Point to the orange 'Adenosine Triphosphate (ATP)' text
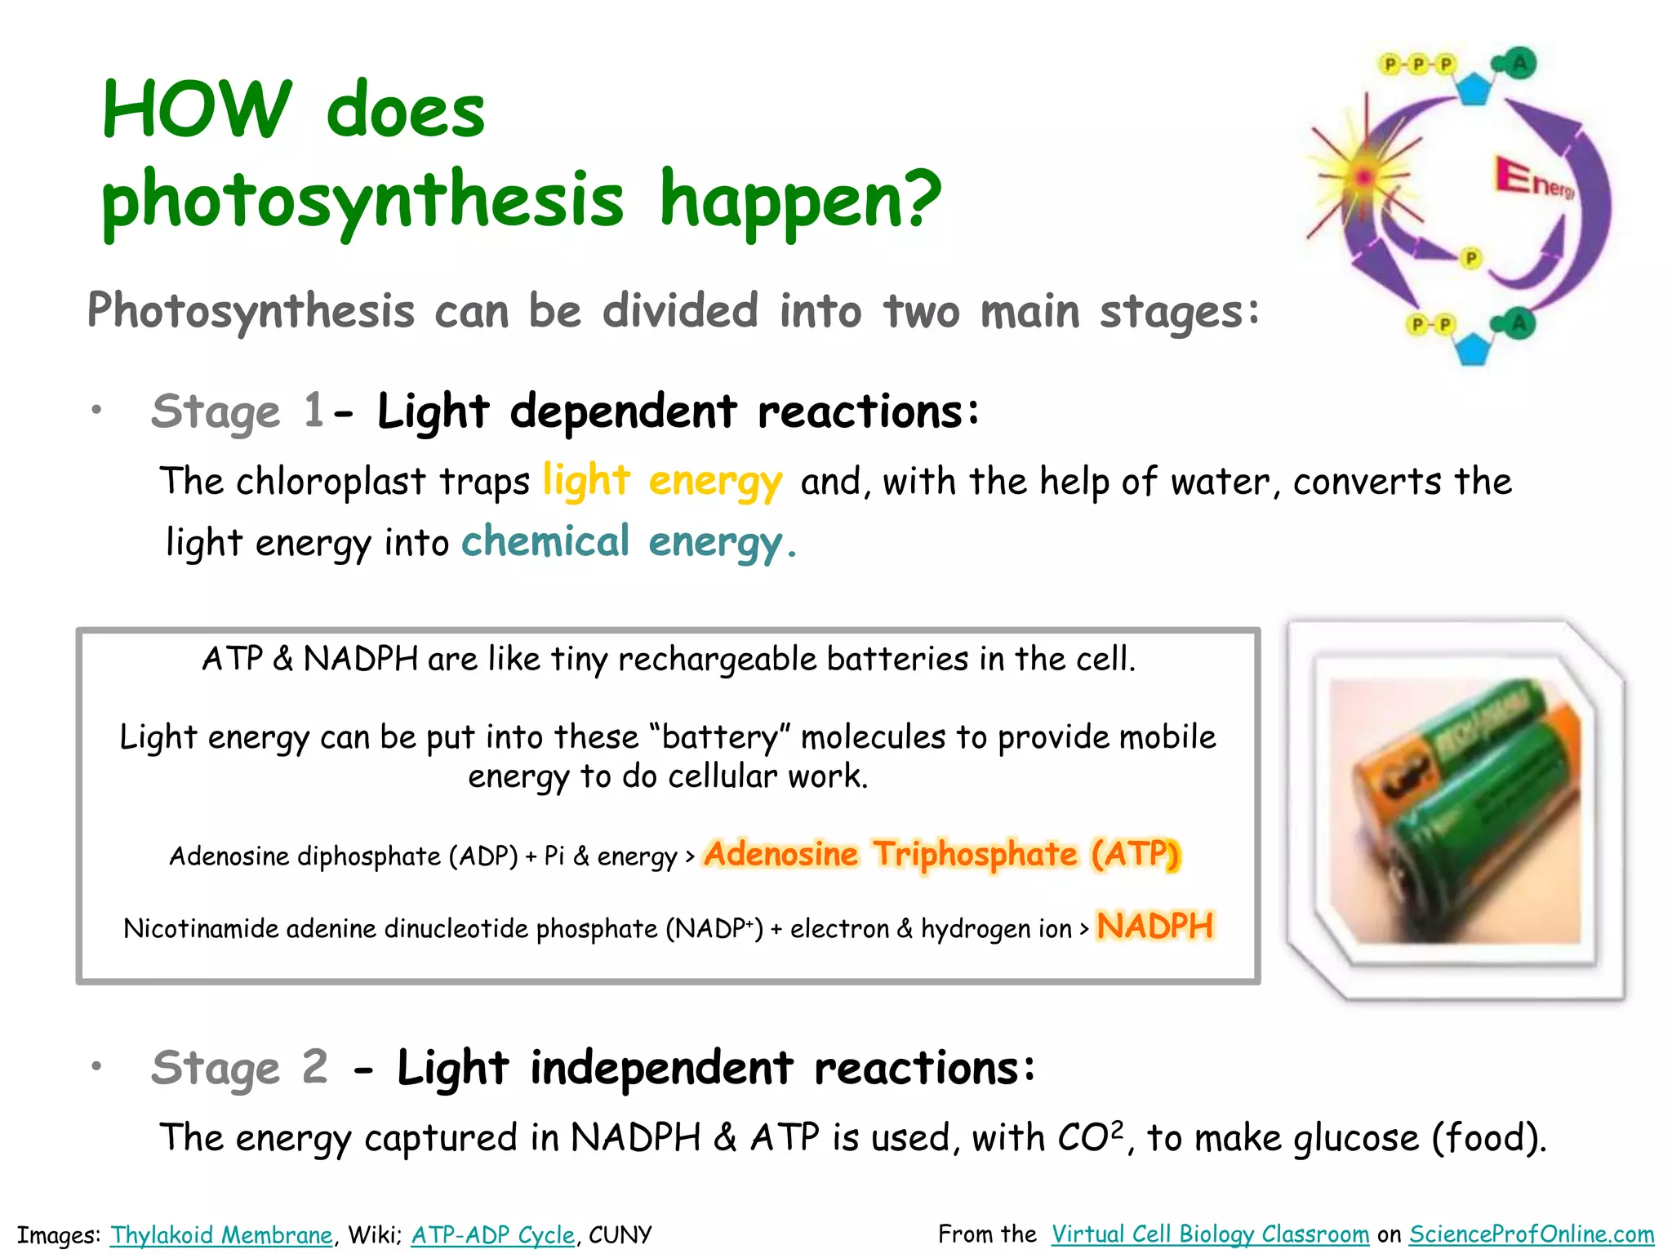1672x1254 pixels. (x=942, y=854)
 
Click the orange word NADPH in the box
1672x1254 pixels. (x=1154, y=926)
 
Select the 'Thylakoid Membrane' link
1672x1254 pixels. (x=221, y=1234)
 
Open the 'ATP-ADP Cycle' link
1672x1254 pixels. (x=492, y=1234)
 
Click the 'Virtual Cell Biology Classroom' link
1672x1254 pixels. (x=1209, y=1234)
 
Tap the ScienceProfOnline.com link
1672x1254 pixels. (x=1531, y=1234)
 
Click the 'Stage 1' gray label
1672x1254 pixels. (x=238, y=411)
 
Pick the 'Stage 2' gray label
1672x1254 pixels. (x=239, y=1067)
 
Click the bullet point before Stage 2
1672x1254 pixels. (x=96, y=1065)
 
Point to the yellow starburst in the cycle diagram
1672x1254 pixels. (x=1362, y=176)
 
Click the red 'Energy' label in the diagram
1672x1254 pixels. (x=1532, y=180)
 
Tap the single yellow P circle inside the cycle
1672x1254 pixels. (x=1470, y=259)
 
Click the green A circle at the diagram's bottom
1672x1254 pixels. (x=1519, y=323)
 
